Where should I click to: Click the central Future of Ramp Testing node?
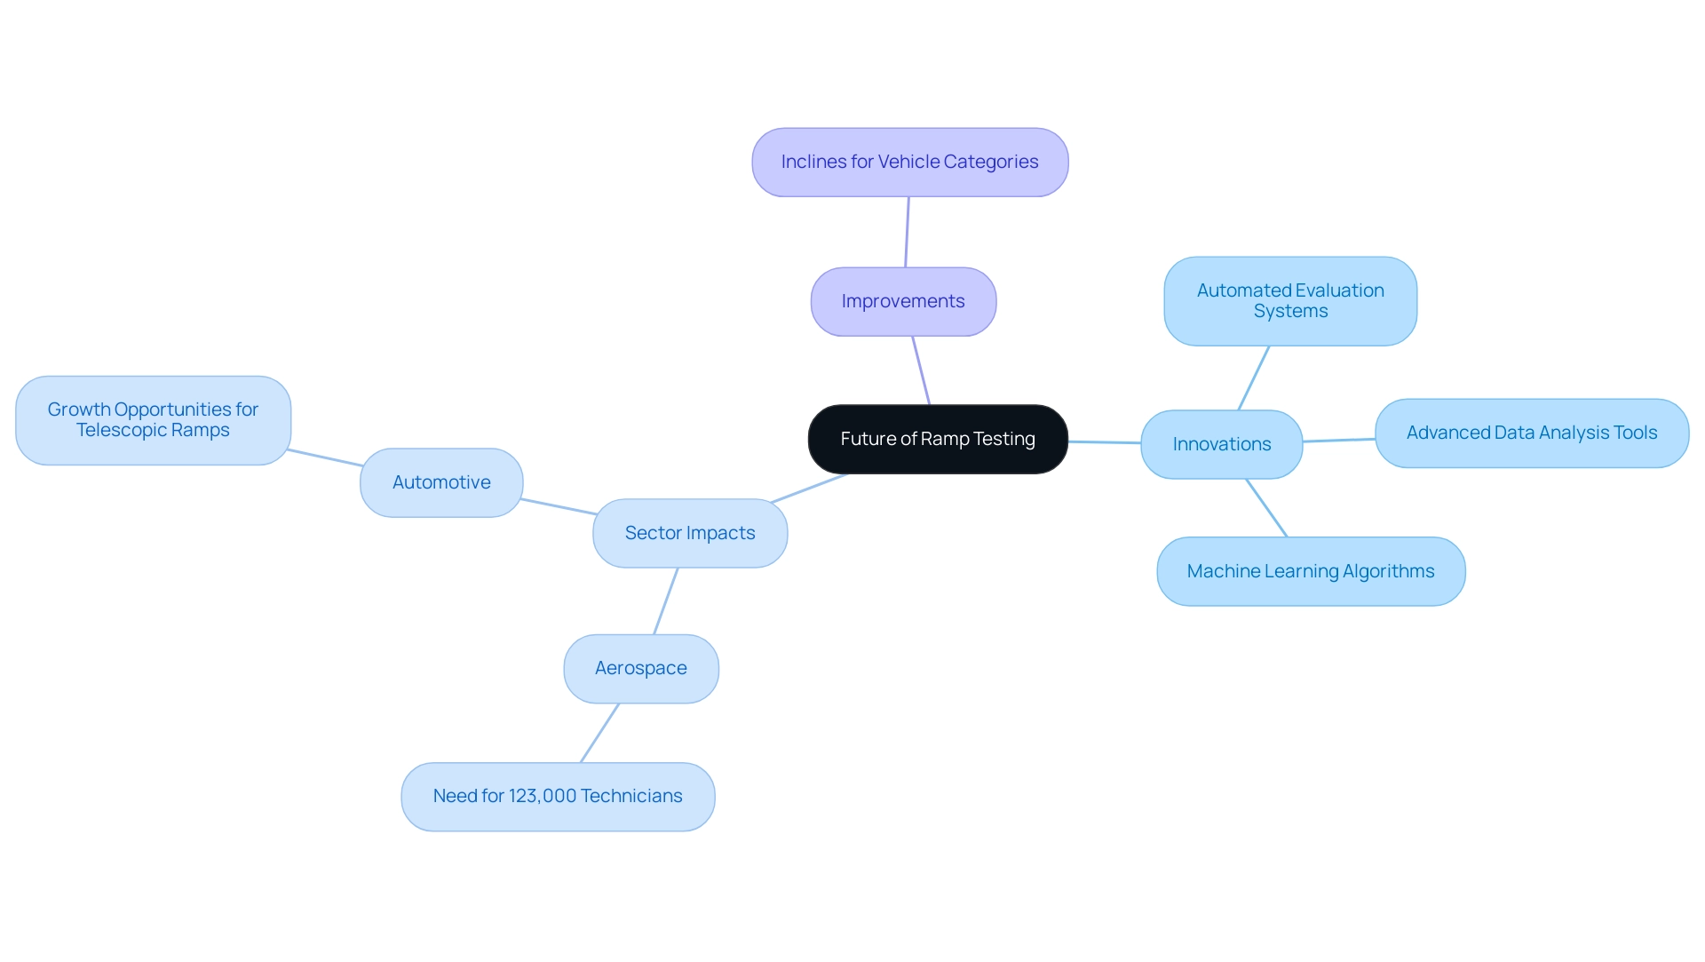click(x=937, y=439)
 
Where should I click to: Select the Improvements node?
click(x=902, y=302)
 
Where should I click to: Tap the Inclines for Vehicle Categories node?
click(x=909, y=163)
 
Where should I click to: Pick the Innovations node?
click(x=1221, y=444)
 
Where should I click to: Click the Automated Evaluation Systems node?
click(x=1289, y=301)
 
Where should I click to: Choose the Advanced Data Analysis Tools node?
click(x=1531, y=433)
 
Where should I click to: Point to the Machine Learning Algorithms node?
click(x=1310, y=571)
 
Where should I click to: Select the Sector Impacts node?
click(x=689, y=533)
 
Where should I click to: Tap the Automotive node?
click(x=441, y=482)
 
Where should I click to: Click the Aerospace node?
click(x=640, y=669)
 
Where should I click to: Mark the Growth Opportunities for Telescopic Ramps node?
click(x=153, y=420)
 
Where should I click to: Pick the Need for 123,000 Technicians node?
click(x=557, y=797)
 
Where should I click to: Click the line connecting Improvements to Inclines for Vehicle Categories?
click(x=907, y=232)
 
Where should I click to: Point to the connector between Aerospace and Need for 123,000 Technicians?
click(x=599, y=733)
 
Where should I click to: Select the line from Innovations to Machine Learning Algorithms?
click(x=1266, y=508)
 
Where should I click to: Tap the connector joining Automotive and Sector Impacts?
click(x=558, y=506)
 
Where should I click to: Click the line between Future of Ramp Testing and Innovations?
click(x=1104, y=442)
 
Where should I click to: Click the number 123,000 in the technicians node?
click(x=541, y=797)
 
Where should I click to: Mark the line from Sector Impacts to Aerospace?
click(x=666, y=600)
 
